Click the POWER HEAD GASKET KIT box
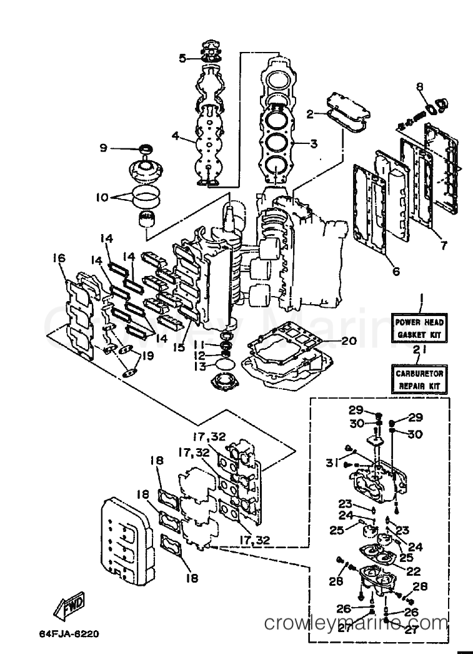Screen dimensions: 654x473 coord(419,329)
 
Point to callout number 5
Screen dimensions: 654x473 coord(182,59)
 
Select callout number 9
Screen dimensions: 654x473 coord(104,148)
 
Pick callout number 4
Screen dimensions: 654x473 coord(176,135)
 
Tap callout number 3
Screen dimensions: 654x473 coord(314,144)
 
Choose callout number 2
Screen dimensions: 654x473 coord(309,114)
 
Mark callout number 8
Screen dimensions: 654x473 coord(420,86)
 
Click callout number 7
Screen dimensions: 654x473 coord(443,246)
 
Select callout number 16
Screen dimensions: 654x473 coord(60,257)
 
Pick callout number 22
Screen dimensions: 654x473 coord(414,571)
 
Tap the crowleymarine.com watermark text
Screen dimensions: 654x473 coord(356,623)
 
